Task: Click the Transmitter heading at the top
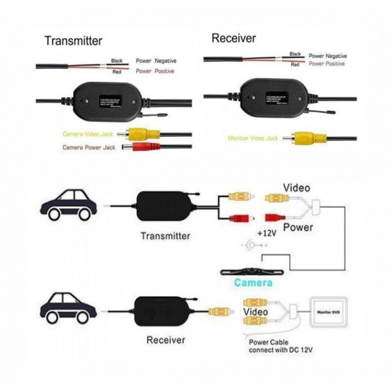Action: (x=73, y=41)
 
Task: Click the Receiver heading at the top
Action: (x=234, y=38)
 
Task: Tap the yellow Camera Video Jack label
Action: (x=91, y=134)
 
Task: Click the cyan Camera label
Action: (x=253, y=283)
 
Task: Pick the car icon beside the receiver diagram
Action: (x=68, y=307)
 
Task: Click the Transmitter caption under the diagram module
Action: (x=165, y=236)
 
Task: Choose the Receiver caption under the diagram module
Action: (x=166, y=340)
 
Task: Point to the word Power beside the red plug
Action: (x=298, y=227)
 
